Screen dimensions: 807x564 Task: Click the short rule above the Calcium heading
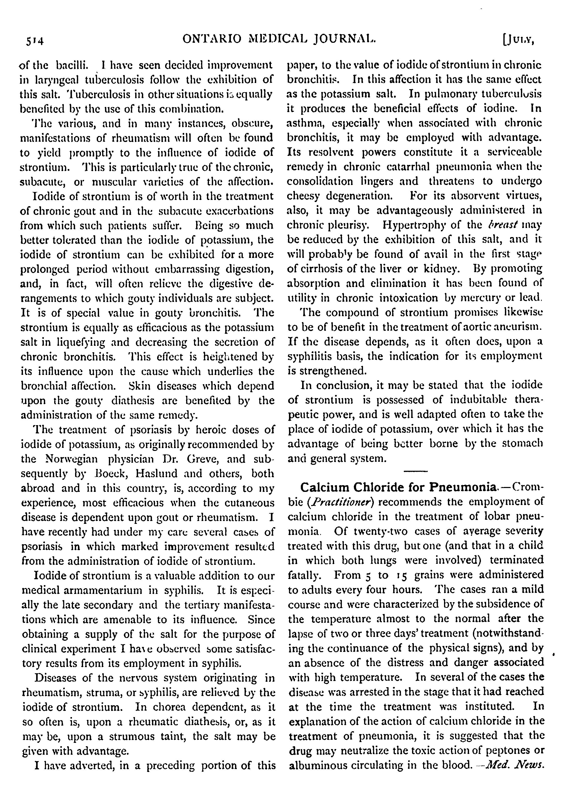point(415,471)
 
